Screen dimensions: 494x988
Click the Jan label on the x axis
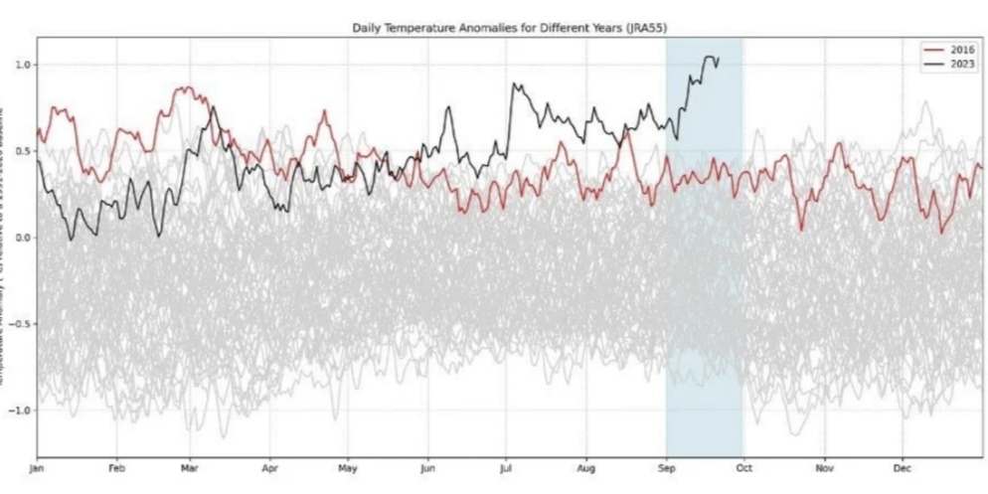point(39,466)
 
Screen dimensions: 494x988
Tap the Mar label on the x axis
point(192,466)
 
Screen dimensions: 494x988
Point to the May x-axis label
point(348,466)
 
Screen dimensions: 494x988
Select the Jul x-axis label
point(507,466)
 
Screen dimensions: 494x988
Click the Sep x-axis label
point(666,466)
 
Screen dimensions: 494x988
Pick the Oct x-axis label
point(743,466)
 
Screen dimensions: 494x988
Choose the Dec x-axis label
point(903,466)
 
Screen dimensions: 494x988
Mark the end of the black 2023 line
point(718,63)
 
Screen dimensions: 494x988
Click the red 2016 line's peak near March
point(184,88)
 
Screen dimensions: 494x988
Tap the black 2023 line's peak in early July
point(513,84)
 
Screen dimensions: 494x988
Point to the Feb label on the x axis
point(116,466)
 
